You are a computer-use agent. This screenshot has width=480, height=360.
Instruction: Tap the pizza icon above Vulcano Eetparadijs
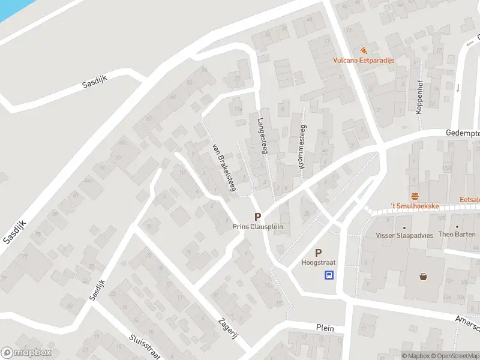364,50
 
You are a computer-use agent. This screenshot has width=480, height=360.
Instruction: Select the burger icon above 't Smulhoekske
415,196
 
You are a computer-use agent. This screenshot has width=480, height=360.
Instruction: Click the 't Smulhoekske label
415,206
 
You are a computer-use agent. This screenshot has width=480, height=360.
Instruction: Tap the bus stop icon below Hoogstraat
329,275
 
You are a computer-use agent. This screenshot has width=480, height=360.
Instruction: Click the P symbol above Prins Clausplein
257,217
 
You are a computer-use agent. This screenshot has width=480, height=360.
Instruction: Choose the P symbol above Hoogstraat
318,253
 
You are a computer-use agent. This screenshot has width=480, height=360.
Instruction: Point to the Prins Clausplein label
257,227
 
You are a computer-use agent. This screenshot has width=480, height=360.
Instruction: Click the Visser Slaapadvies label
404,235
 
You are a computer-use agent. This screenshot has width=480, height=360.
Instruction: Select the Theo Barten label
457,235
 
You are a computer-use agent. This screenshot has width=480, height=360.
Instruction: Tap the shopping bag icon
424,277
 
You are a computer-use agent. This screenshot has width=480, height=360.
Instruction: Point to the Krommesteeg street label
302,146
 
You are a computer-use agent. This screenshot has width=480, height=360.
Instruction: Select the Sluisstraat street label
145,346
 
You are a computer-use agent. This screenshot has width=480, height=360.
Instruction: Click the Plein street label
325,328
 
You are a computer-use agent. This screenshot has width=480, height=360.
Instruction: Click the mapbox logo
26,353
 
